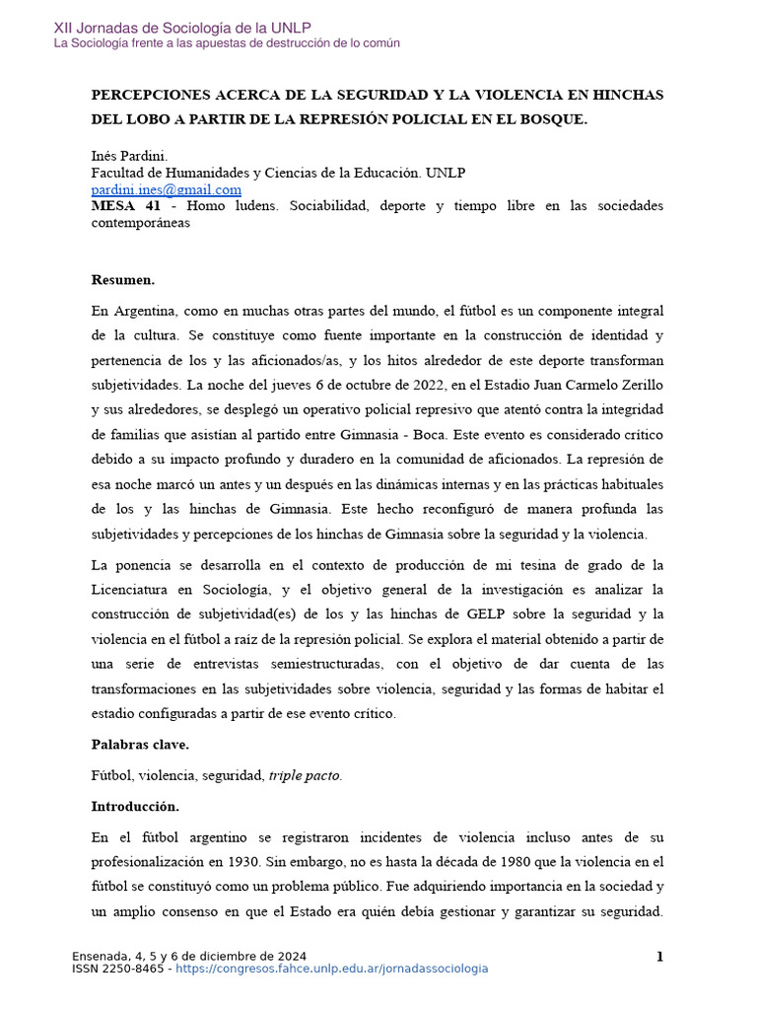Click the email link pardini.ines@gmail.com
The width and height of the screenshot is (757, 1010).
[x=166, y=189]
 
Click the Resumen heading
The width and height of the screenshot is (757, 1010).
[x=122, y=279]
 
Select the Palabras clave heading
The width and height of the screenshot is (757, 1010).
[x=139, y=744]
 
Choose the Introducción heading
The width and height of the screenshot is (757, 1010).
[x=135, y=807]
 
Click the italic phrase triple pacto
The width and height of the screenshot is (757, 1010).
[x=305, y=775]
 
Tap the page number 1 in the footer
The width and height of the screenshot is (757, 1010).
[x=659, y=957]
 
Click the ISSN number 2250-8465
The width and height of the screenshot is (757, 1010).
[x=133, y=969]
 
